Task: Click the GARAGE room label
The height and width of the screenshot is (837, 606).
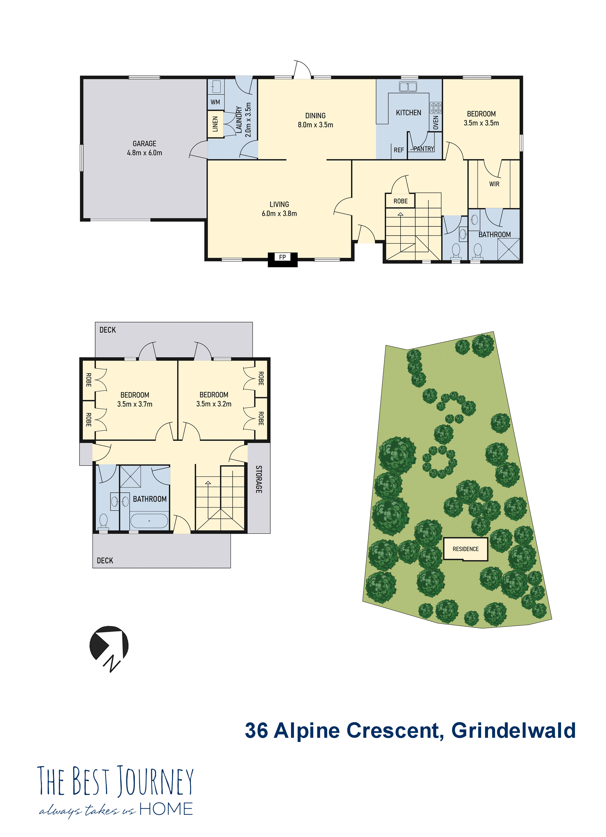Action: pyautogui.click(x=144, y=143)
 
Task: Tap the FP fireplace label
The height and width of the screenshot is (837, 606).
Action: pyautogui.click(x=282, y=257)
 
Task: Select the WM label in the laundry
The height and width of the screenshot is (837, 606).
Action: pyautogui.click(x=215, y=102)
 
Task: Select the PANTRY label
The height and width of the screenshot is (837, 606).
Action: pyautogui.click(x=424, y=149)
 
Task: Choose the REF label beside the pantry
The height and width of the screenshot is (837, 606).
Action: pyautogui.click(x=399, y=150)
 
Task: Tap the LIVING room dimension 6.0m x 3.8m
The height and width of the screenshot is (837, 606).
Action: pyautogui.click(x=279, y=214)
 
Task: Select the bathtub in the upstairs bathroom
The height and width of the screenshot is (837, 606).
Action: pyautogui.click(x=149, y=521)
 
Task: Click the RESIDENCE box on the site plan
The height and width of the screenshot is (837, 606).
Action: pyautogui.click(x=465, y=549)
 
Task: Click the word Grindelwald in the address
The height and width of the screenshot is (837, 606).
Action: pyautogui.click(x=513, y=731)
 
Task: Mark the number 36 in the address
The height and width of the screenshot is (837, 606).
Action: pyautogui.click(x=257, y=731)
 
